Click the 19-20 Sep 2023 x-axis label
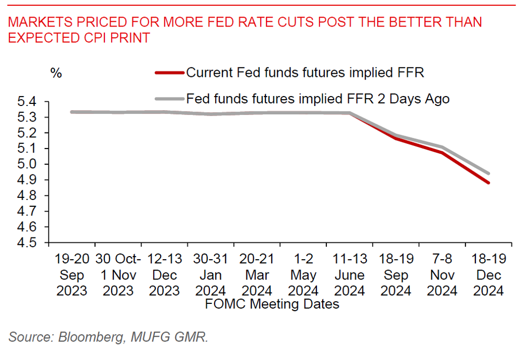click(72, 275)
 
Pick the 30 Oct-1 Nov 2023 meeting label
click(118, 275)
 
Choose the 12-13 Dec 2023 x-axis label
click(164, 275)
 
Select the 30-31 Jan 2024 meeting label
click(210, 275)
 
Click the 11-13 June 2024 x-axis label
click(349, 275)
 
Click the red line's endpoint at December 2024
click(488, 182)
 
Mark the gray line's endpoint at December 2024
click(488, 174)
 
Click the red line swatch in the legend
click(169, 73)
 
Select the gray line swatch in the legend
click(169, 98)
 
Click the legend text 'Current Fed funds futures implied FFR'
click(305, 73)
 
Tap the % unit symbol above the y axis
click(56, 73)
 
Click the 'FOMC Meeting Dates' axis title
click(272, 304)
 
